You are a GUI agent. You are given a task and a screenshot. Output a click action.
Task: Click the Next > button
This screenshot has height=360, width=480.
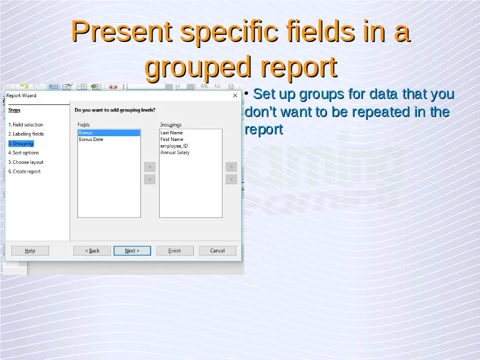[132, 251]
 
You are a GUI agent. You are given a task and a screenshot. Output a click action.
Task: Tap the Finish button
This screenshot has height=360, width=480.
[175, 251]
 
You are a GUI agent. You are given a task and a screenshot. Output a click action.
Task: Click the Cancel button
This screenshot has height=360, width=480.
[217, 251]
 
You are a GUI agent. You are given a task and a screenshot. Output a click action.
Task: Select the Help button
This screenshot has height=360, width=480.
[30, 251]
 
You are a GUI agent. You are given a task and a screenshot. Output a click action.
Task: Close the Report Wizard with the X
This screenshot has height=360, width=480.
[235, 95]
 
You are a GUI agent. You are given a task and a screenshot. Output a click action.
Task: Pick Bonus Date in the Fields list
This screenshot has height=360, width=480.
[91, 139]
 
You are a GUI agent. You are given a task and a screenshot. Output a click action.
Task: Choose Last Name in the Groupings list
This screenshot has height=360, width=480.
[172, 133]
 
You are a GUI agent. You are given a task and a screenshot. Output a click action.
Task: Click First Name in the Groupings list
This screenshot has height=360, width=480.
[172, 139]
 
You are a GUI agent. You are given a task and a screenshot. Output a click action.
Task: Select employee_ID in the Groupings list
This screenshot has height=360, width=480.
[174, 146]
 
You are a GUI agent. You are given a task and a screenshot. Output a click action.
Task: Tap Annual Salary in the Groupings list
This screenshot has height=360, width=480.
[175, 152]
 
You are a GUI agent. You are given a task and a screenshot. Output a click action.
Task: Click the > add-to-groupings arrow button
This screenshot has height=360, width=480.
[149, 167]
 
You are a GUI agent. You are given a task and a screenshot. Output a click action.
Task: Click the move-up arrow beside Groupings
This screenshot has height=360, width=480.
[231, 167]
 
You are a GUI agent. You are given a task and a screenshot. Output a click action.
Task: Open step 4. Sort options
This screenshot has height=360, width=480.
[23, 153]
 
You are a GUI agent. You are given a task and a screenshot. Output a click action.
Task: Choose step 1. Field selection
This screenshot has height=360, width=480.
[26, 125]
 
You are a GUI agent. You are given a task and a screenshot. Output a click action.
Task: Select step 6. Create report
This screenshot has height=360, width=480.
[25, 172]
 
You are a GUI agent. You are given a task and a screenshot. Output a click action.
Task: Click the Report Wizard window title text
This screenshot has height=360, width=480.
[21, 95]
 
